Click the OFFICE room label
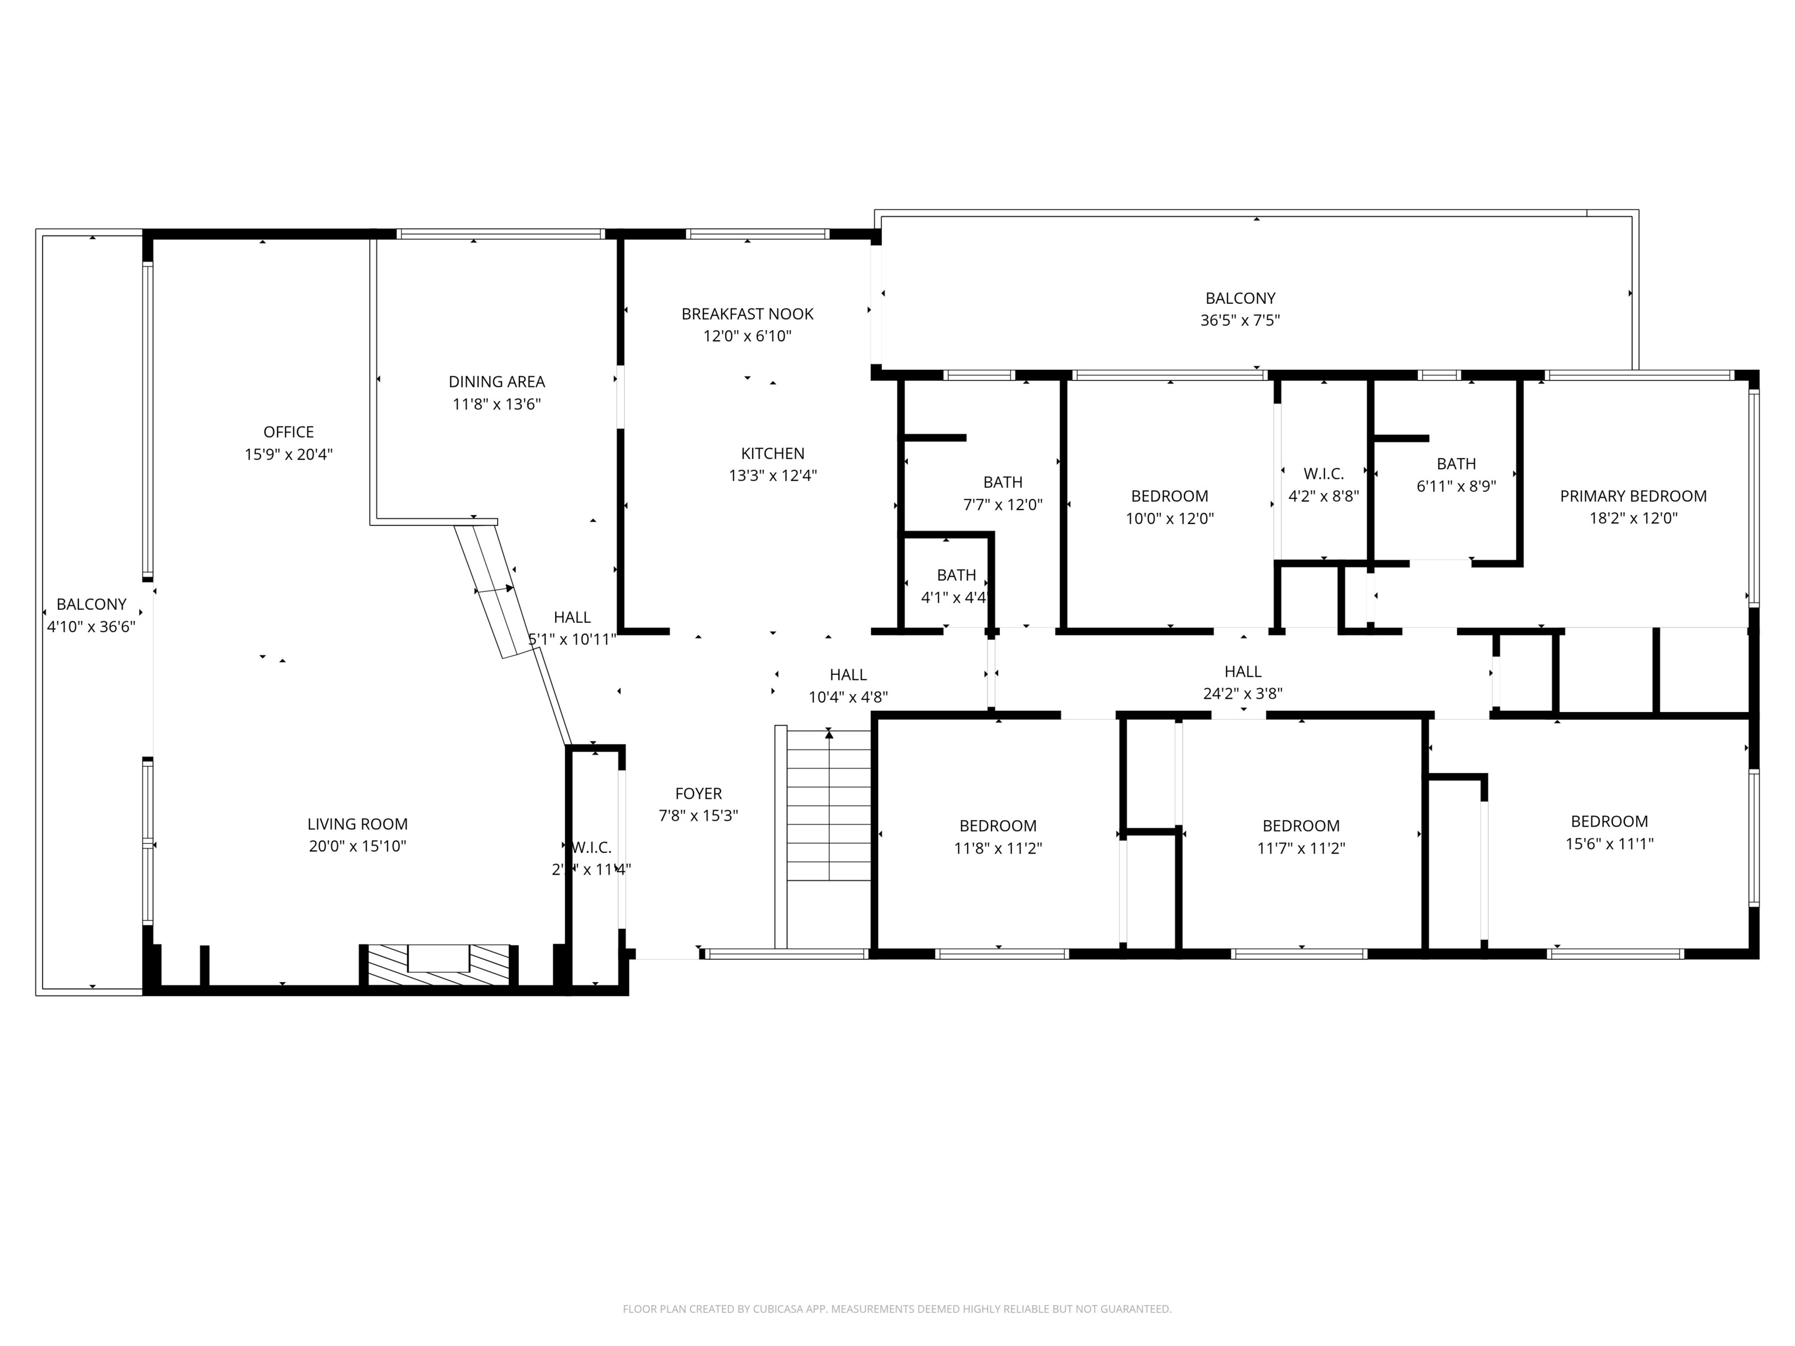point(288,432)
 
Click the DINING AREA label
point(497,382)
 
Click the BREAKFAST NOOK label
point(747,314)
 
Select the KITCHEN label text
point(772,453)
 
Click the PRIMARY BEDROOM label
point(1633,496)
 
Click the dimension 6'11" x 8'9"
point(1456,487)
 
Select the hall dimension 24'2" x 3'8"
point(1242,693)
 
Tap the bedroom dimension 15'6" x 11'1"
point(1609,844)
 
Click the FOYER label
point(698,793)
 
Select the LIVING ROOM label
point(357,824)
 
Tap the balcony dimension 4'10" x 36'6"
point(91,626)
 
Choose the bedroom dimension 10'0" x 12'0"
point(1169,518)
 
